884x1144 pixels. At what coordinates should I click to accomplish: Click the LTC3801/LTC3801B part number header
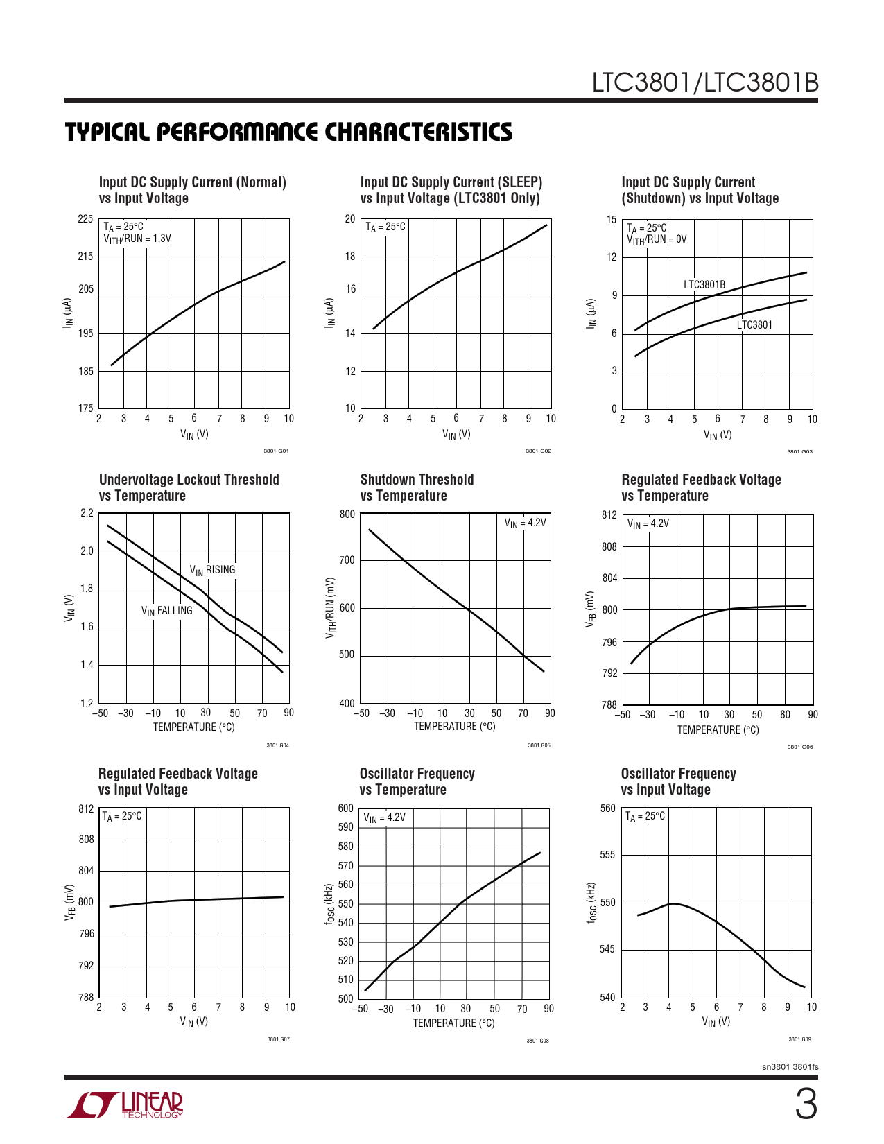tap(704, 83)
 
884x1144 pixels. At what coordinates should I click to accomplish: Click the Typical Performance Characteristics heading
tap(288, 132)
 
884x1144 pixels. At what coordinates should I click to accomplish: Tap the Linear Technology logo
tap(125, 1105)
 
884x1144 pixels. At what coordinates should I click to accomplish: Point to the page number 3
tap(805, 1105)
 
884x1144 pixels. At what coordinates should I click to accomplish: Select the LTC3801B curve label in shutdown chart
tap(704, 284)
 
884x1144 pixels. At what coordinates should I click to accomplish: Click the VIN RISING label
tap(212, 570)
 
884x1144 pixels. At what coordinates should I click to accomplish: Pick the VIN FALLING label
tap(166, 611)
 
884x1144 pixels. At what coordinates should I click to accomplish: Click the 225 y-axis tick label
tap(85, 219)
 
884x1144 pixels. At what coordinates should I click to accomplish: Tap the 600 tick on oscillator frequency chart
tap(345, 808)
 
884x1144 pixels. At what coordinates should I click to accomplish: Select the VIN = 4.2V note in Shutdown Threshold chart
tap(525, 523)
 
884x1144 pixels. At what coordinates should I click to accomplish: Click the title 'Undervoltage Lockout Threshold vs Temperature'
tap(189, 487)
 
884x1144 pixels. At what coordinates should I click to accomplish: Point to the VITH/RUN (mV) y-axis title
tap(331, 608)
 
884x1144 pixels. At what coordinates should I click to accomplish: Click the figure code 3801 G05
tap(539, 745)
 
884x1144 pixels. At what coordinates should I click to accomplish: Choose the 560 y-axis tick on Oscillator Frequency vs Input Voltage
tap(607, 808)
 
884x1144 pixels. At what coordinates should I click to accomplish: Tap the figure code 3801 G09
tap(799, 1039)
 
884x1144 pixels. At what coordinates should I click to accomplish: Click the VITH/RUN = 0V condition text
tap(656, 239)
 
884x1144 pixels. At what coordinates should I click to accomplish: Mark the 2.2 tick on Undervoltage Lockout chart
tap(87, 513)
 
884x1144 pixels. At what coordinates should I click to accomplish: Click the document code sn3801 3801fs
tap(790, 1067)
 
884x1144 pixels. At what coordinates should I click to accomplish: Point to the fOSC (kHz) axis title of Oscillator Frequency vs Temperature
tap(331, 903)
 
